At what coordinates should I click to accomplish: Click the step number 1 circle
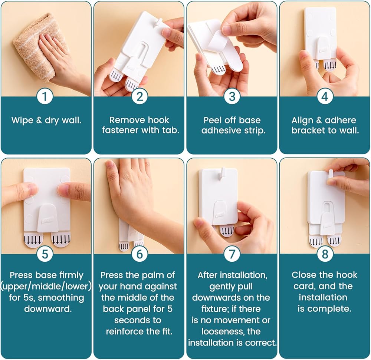[x=45, y=97]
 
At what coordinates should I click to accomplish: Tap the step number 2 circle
[x=140, y=97]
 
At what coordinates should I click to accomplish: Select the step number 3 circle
[x=232, y=97]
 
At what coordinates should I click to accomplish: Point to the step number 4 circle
[x=325, y=97]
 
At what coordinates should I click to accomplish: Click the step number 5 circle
[x=45, y=254]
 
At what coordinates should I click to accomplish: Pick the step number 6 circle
[x=140, y=254]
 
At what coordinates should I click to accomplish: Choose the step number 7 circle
[x=232, y=254]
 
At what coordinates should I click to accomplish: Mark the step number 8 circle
[x=325, y=254]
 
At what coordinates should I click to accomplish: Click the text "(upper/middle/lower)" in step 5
[x=46, y=286]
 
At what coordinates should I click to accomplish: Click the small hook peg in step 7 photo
[x=222, y=173]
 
